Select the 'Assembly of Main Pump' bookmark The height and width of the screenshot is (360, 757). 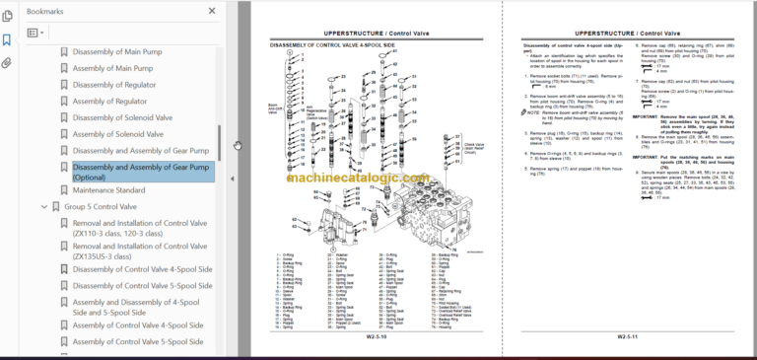[111, 68]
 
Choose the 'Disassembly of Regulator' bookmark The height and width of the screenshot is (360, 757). [113, 85]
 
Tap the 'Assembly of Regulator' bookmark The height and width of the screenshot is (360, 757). [110, 102]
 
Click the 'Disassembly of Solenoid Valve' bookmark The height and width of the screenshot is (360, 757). [122, 118]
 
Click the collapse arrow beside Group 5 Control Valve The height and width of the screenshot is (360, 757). [43, 207]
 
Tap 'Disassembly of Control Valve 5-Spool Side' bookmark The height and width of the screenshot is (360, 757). [142, 286]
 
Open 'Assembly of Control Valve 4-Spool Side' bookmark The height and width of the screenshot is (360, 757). [137, 325]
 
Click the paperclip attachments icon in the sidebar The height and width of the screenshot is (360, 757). [7, 62]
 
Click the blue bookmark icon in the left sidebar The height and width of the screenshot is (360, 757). [7, 39]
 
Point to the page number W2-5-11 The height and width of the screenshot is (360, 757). [629, 336]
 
